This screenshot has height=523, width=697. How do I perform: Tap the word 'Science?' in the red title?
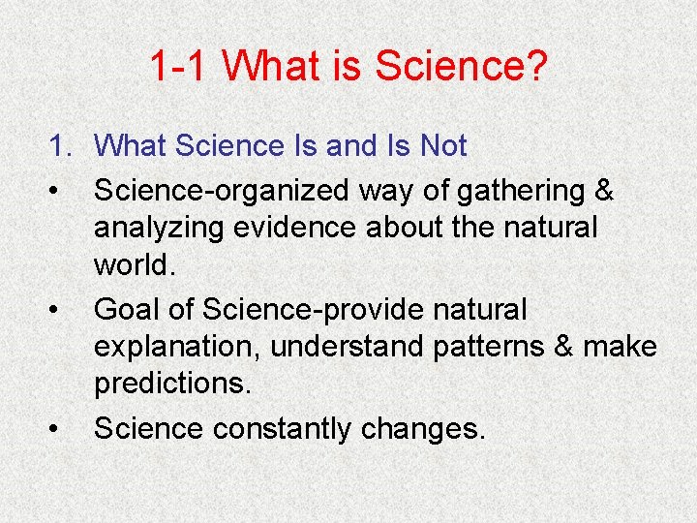tap(461, 67)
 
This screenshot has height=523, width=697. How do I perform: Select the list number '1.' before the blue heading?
tap(63, 147)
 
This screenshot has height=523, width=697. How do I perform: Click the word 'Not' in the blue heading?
tap(442, 147)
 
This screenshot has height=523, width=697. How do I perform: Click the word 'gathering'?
tap(521, 192)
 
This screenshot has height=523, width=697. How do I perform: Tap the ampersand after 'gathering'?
tap(603, 192)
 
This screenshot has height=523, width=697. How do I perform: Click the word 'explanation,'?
tap(178, 347)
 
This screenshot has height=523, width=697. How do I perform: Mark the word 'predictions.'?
tap(172, 383)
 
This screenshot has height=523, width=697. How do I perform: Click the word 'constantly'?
tap(288, 428)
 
